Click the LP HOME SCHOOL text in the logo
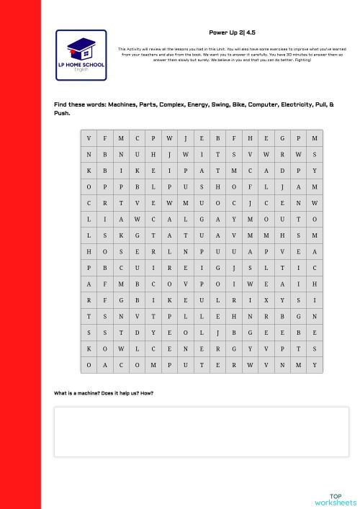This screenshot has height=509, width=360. (x=81, y=67)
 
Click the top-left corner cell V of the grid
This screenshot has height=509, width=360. (x=89, y=138)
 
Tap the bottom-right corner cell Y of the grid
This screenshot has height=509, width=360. (x=315, y=365)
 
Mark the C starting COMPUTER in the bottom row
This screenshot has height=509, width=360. (x=137, y=365)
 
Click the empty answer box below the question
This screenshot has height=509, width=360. (x=202, y=432)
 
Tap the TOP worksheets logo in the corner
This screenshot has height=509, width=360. (x=336, y=500)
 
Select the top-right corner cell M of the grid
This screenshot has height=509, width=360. (x=315, y=138)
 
